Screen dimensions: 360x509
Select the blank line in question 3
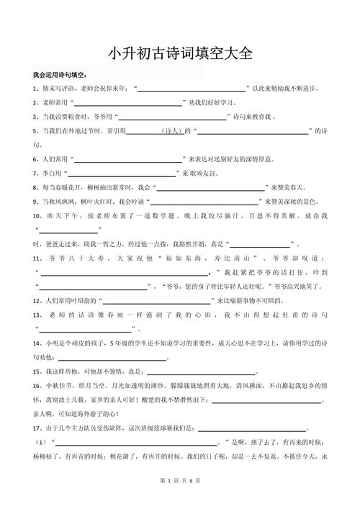[x=171, y=117]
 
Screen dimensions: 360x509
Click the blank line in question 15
[x=201, y=371]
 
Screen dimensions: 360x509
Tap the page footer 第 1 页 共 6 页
[x=180, y=500]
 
